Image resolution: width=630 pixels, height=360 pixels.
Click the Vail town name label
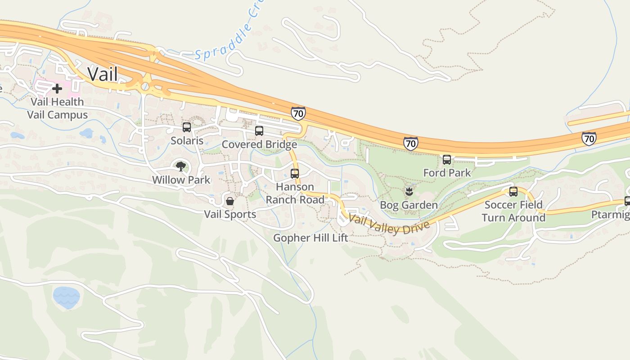tap(103, 74)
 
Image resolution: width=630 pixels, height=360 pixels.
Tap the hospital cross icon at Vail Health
tap(57, 89)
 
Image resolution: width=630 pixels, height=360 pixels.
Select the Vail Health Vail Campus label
tap(57, 108)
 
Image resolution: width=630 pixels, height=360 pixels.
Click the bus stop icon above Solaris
tap(187, 127)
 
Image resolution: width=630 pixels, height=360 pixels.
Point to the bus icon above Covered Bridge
tap(259, 131)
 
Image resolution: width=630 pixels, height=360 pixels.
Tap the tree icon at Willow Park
tap(181, 166)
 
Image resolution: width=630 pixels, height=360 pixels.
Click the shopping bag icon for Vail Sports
tap(230, 201)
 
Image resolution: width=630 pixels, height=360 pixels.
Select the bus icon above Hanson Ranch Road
tap(295, 173)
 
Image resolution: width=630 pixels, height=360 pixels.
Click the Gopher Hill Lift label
tap(311, 238)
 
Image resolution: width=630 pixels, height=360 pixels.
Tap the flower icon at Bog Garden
tap(409, 192)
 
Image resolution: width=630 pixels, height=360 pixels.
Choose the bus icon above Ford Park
tap(447, 159)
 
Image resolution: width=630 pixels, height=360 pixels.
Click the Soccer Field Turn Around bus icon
tap(513, 192)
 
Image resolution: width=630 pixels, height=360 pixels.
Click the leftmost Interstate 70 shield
tap(298, 113)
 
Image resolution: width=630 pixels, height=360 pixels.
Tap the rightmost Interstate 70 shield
tap(589, 138)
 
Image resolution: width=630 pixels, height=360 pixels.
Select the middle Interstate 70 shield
tap(410, 144)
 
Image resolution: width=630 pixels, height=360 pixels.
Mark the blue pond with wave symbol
tap(67, 297)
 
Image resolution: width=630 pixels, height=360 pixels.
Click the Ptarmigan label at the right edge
tap(610, 215)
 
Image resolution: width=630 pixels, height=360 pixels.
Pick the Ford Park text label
tap(447, 173)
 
